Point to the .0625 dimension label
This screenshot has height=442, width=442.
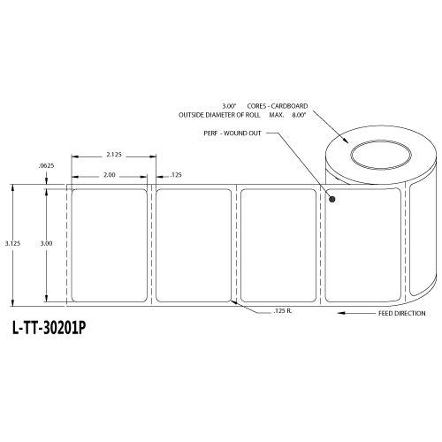click(x=45, y=167)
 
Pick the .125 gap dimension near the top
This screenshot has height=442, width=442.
click(x=175, y=174)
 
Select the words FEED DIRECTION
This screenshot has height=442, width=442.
click(x=402, y=314)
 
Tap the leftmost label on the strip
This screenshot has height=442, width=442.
click(x=111, y=243)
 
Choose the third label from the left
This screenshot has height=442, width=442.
click(x=280, y=243)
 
